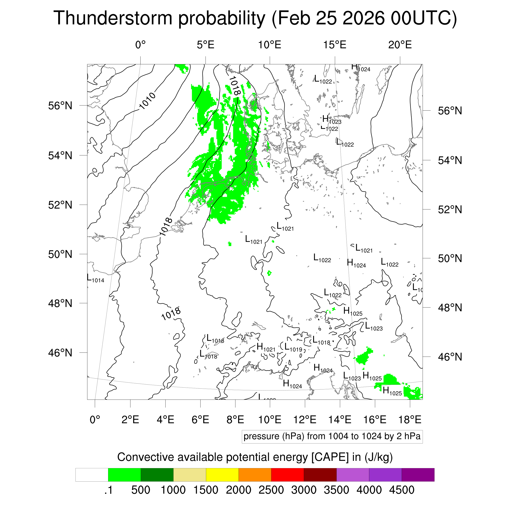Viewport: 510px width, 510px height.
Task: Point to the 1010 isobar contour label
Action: (x=147, y=101)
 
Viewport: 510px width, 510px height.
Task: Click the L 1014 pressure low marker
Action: (x=95, y=279)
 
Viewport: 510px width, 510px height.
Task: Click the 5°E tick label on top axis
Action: (x=205, y=45)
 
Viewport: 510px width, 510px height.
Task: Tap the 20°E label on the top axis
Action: (x=400, y=45)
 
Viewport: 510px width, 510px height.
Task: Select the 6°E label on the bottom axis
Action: (x=200, y=419)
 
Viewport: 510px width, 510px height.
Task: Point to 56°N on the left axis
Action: (x=60, y=106)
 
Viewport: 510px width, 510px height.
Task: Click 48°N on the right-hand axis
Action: (x=450, y=308)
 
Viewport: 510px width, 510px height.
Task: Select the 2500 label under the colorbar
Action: (x=271, y=490)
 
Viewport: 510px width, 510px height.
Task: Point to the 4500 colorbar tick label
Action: (x=401, y=490)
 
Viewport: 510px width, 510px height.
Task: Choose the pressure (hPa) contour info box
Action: (x=332, y=436)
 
